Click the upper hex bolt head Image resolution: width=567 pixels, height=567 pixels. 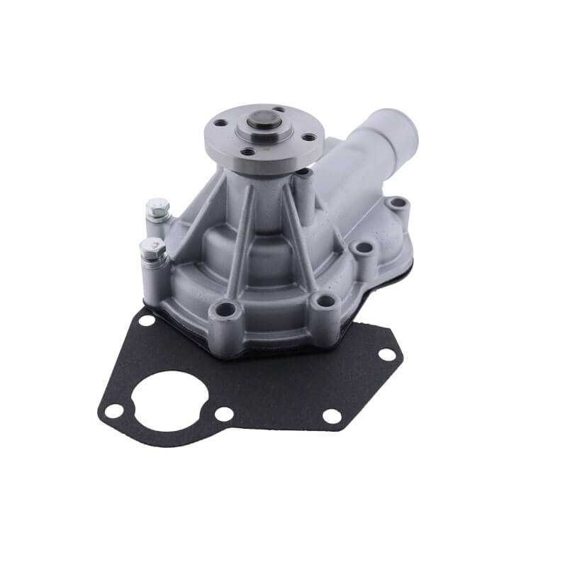[157, 208]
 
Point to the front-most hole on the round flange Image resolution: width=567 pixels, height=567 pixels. [247, 151]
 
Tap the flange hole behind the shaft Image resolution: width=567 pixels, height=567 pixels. [278, 110]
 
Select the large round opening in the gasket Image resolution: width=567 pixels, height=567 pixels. [169, 400]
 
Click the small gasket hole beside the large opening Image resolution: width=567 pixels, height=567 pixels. [223, 413]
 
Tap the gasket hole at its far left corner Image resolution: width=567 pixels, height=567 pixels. [113, 410]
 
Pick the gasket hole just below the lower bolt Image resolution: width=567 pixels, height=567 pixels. [147, 320]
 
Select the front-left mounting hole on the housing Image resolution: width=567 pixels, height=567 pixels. [225, 309]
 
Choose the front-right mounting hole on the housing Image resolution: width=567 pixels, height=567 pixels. [324, 301]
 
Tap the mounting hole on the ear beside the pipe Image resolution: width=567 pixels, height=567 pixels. [398, 204]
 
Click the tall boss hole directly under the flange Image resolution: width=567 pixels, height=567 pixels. [303, 172]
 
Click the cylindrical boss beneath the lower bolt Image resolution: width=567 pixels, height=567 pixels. [154, 276]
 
